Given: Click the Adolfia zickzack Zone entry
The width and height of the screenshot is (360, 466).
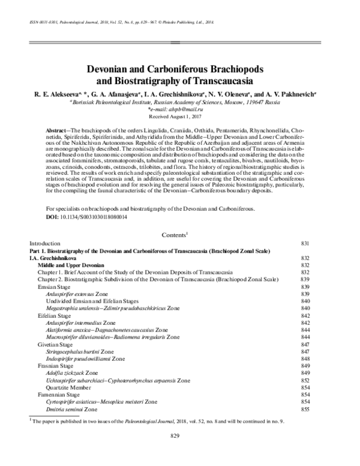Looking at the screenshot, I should (x=77, y=372).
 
